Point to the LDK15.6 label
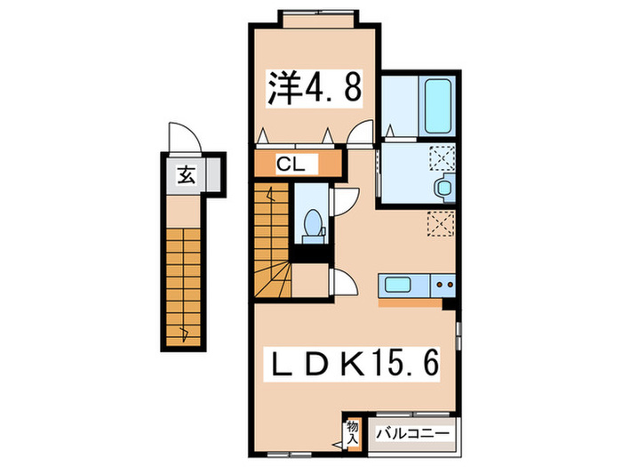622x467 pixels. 354,364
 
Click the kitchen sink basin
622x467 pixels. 396,286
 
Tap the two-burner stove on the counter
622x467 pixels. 443,286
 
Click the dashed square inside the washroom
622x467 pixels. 442,157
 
